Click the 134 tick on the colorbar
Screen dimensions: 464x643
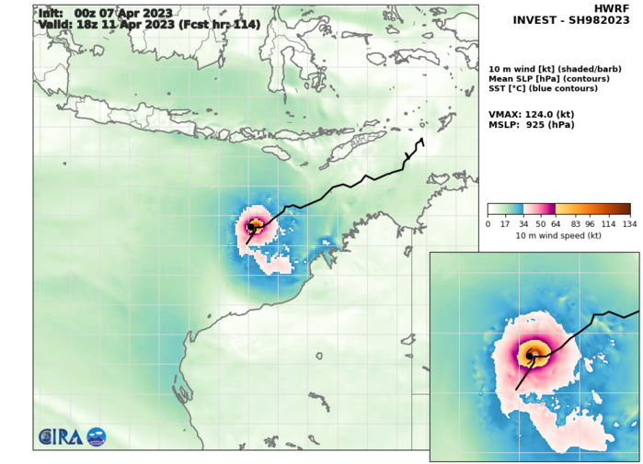(x=630, y=222)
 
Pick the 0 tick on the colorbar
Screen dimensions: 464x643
(x=488, y=222)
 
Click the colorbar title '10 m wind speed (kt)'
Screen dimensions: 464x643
(x=558, y=235)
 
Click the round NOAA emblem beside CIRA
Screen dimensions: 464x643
(x=97, y=437)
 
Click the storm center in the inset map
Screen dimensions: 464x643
(x=531, y=356)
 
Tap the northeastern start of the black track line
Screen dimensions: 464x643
(x=421, y=139)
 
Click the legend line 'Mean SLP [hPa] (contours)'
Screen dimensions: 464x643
(x=543, y=78)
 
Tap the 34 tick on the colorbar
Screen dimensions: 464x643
(x=522, y=222)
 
